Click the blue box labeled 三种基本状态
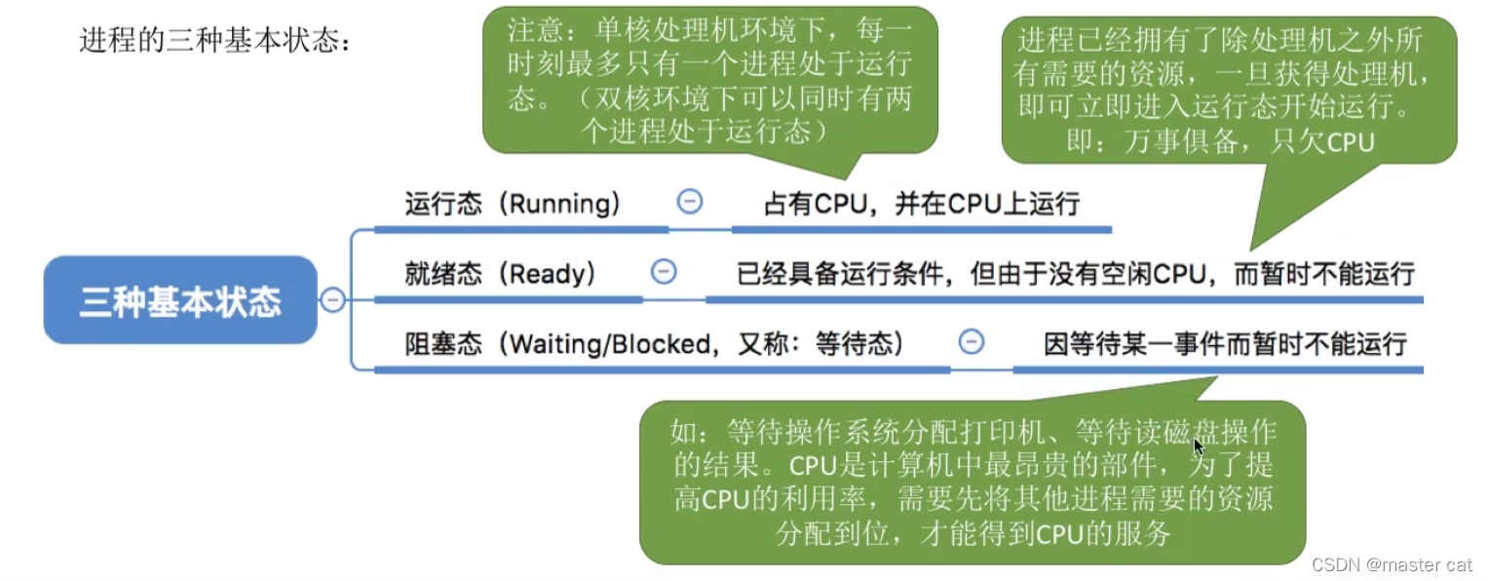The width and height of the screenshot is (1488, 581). pos(180,300)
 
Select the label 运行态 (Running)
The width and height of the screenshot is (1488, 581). pos(513,204)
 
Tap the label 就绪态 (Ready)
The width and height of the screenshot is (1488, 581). pos(500,273)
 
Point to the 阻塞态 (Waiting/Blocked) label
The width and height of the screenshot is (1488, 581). pos(654,343)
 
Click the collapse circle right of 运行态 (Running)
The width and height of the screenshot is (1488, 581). pos(690,202)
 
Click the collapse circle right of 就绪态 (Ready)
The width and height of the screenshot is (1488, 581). pos(664,271)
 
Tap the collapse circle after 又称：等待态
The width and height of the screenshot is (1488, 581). pos(972,341)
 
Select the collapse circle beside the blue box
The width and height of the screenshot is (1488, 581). pos(333,300)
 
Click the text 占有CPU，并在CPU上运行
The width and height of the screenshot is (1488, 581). pos(921,204)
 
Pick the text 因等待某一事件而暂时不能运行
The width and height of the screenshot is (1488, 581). pos(1225,343)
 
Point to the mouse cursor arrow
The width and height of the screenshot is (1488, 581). pos(1198,445)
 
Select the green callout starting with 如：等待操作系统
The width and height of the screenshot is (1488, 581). pos(972,482)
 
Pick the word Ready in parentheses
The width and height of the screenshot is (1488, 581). pos(552,273)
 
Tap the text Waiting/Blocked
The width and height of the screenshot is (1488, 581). pos(610,343)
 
